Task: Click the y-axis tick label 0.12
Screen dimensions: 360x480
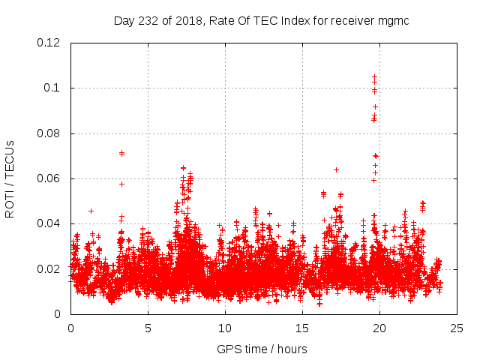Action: (x=50, y=43)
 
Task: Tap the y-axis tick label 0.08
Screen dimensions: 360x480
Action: (x=50, y=133)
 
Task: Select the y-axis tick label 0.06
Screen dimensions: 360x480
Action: (x=50, y=178)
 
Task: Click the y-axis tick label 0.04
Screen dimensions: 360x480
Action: (x=50, y=223)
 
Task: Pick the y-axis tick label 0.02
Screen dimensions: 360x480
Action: (x=50, y=268)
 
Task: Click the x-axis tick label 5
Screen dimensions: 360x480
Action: (x=148, y=328)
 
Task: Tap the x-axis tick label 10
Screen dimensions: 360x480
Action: (x=225, y=328)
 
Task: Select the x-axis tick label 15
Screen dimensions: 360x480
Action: (x=302, y=328)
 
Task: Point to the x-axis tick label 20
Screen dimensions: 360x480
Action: (x=379, y=328)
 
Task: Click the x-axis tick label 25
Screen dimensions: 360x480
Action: (x=457, y=328)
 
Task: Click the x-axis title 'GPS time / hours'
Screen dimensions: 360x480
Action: (x=262, y=349)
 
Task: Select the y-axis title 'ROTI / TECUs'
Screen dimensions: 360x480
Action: (x=10, y=178)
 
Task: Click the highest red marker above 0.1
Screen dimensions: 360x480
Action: (x=374, y=76)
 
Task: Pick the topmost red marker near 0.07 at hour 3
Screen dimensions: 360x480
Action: (x=121, y=153)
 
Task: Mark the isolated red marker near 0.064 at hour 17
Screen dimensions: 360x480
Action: (x=336, y=169)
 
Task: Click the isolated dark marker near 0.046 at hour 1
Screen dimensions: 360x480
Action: (x=91, y=211)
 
